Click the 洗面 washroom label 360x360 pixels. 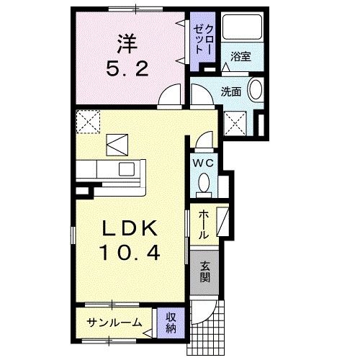point(231,91)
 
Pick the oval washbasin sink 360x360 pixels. point(254,92)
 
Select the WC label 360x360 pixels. point(203,163)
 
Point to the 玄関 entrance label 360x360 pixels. point(204,272)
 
